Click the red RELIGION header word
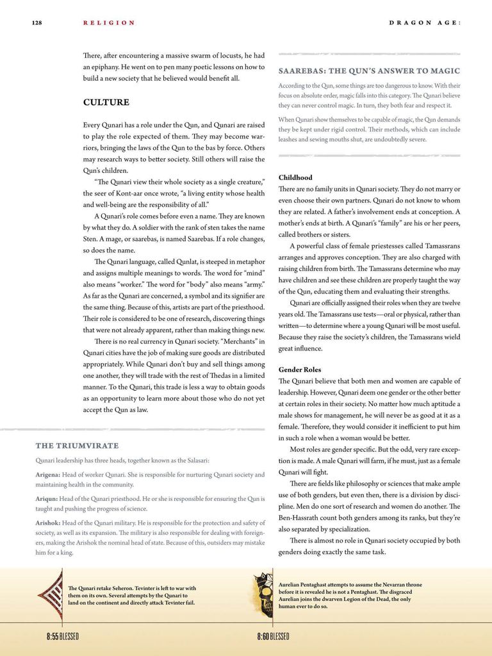point(109,23)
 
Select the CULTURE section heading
point(106,102)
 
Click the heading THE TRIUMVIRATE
point(77,446)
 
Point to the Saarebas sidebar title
point(369,70)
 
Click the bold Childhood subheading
point(295,177)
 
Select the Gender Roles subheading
point(300,370)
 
